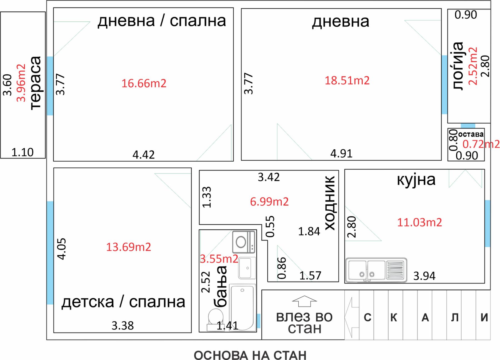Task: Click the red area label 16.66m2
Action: click(x=144, y=83)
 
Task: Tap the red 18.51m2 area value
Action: click(x=347, y=80)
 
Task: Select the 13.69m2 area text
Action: click(x=129, y=247)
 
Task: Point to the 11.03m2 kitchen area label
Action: click(x=419, y=222)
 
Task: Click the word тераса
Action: click(x=35, y=83)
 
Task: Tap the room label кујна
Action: click(x=416, y=180)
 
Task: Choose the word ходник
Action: click(x=330, y=203)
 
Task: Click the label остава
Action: click(x=471, y=135)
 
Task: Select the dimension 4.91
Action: click(x=341, y=153)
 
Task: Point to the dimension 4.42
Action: click(x=144, y=155)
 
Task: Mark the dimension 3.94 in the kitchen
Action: click(x=424, y=276)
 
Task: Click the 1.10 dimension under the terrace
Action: click(x=22, y=152)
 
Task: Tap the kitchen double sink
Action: click(x=376, y=270)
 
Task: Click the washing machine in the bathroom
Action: click(x=244, y=242)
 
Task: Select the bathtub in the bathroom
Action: click(x=242, y=308)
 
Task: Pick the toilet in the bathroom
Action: click(x=216, y=319)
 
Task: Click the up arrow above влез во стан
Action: click(x=304, y=301)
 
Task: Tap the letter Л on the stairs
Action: click(x=455, y=317)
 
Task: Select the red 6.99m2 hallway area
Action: click(x=269, y=202)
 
